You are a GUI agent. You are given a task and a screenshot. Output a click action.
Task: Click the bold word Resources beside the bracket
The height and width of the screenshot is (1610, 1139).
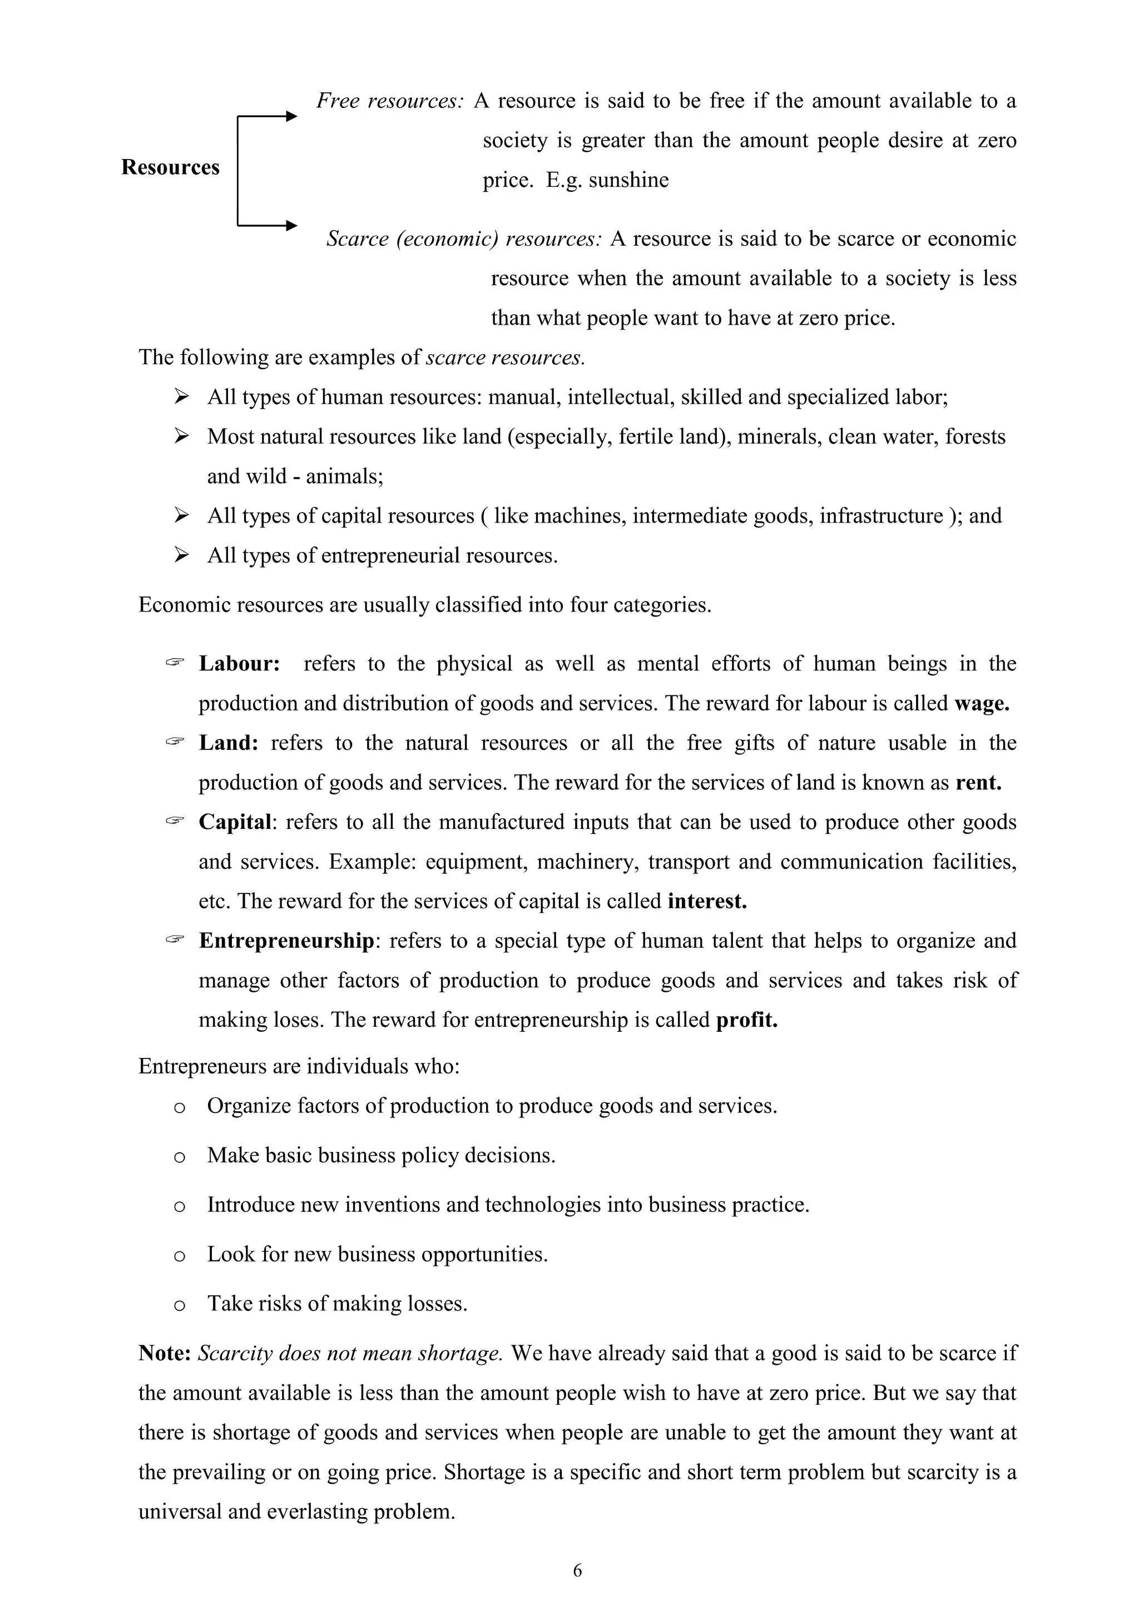tap(170, 167)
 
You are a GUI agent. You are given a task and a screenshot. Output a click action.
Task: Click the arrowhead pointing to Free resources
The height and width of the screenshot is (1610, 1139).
tap(292, 117)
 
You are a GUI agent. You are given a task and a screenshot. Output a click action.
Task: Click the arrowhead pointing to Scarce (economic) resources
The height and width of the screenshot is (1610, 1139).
tap(292, 226)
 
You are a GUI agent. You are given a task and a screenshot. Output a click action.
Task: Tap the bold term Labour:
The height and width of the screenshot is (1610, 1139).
tap(239, 663)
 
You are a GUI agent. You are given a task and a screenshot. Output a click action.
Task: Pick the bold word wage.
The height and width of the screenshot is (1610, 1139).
tap(981, 703)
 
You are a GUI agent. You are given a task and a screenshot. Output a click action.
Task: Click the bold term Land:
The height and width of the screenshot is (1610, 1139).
tap(229, 743)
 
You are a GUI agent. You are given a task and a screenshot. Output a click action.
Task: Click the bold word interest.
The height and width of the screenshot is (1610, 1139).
tap(707, 901)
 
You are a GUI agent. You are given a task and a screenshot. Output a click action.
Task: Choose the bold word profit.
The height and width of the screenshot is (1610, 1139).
tap(746, 1020)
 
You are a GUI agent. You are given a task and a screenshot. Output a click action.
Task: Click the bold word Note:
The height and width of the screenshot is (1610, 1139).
tap(165, 1353)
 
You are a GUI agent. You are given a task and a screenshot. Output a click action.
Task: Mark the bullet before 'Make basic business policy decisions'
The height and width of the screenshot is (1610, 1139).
tap(179, 1157)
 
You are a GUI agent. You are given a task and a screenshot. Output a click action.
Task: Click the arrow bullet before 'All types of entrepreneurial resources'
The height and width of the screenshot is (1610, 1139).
tap(182, 555)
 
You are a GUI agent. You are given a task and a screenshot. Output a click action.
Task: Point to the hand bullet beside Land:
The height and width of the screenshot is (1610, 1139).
tap(175, 741)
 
